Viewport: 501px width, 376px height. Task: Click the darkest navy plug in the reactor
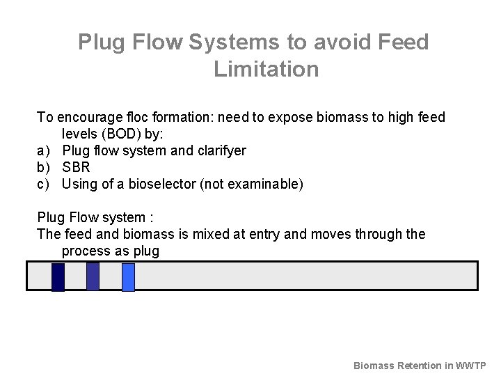[58, 277]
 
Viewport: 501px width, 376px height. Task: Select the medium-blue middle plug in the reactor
[93, 276]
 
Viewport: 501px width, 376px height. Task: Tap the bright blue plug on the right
[128, 277]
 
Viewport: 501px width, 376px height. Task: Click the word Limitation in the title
[267, 70]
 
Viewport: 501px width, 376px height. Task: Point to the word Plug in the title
[101, 42]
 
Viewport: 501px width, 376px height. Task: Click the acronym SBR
[77, 167]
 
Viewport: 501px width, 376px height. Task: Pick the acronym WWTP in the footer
[470, 366]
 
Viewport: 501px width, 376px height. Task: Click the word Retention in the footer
[419, 366]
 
